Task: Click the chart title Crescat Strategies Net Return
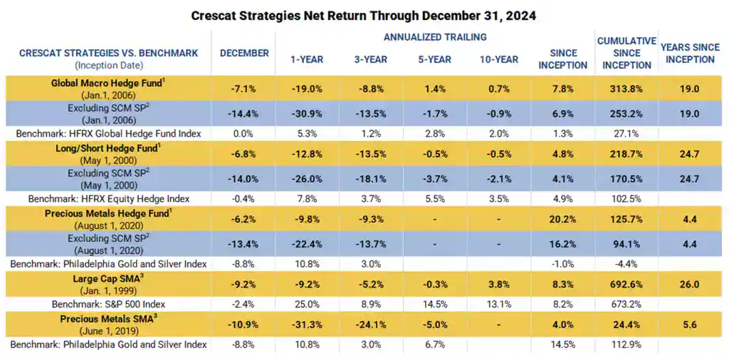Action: pyautogui.click(x=364, y=15)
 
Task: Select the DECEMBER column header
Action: pyautogui.click(x=244, y=53)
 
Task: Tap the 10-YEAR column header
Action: pyautogui.click(x=498, y=58)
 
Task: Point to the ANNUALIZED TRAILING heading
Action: pyautogui.click(x=435, y=37)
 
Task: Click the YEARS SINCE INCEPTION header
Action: pyautogui.click(x=690, y=53)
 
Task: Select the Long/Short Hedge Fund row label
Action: pyautogui.click(x=108, y=150)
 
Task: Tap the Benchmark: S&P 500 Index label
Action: pyautogui.click(x=108, y=304)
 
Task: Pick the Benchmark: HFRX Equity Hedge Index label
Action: pyautogui.click(x=108, y=198)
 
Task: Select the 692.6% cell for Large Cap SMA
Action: pyautogui.click(x=626, y=284)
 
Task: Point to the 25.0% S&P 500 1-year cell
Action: pyautogui.click(x=308, y=304)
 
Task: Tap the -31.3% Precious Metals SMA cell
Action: pyautogui.click(x=308, y=324)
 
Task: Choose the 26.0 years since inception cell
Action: pyautogui.click(x=689, y=284)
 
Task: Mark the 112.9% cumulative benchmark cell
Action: pyautogui.click(x=626, y=345)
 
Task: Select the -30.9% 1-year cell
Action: pyautogui.click(x=308, y=113)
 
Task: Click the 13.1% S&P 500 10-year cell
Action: pyautogui.click(x=498, y=304)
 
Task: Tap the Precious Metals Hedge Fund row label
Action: pyautogui.click(x=108, y=213)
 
